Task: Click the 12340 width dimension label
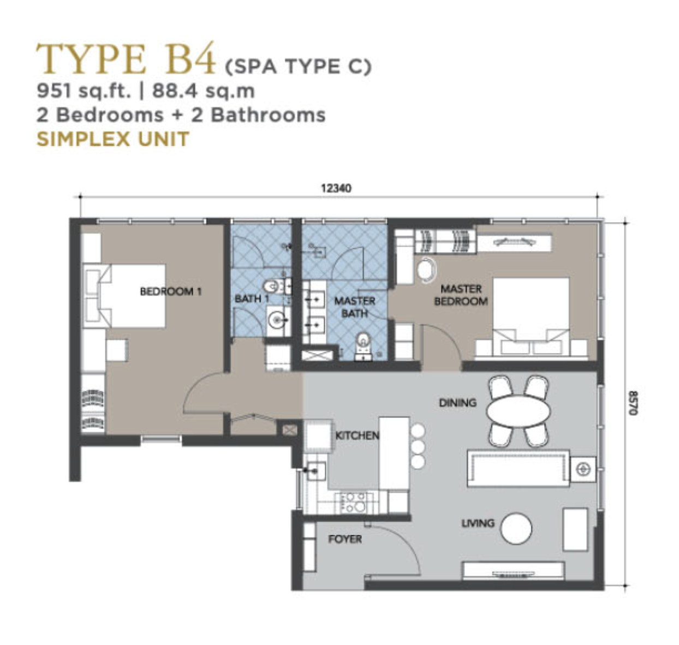[x=336, y=188]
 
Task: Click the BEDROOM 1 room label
[x=171, y=291]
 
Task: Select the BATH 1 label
[x=252, y=298]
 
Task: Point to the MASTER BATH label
[x=355, y=307]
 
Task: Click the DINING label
[x=457, y=403]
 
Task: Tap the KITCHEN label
[x=357, y=436]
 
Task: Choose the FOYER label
[x=345, y=539]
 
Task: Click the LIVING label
[x=478, y=523]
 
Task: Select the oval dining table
[x=519, y=411]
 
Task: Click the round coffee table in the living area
[x=516, y=528]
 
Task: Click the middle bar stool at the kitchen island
[x=418, y=446]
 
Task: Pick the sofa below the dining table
[x=518, y=468]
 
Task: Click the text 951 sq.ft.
[x=84, y=91]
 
